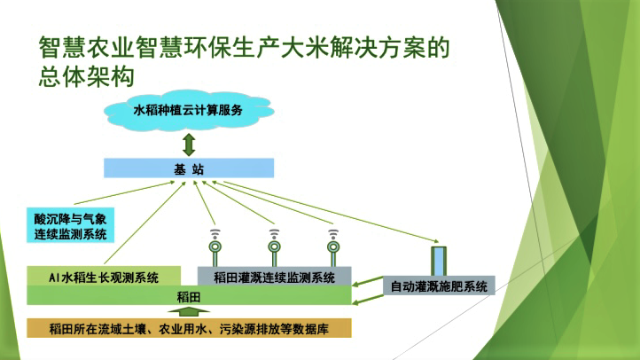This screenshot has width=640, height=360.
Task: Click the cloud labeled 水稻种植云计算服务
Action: (189, 110)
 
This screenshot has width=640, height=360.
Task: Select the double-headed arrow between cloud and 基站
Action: (189, 145)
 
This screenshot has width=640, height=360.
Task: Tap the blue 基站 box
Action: (189, 168)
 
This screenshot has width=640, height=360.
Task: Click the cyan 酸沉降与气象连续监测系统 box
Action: (70, 225)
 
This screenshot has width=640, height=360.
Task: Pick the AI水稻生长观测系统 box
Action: (104, 277)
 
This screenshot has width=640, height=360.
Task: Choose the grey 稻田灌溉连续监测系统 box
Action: (274, 277)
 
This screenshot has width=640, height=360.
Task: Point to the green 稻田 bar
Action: (189, 296)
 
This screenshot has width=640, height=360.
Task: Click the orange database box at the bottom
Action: (189, 329)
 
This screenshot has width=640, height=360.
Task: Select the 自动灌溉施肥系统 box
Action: (439, 286)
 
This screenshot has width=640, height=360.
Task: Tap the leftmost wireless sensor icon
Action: (215, 247)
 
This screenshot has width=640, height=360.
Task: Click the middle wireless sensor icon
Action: (274, 247)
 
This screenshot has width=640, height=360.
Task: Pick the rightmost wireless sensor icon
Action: (333, 247)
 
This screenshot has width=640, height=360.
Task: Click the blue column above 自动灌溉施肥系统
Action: (439, 262)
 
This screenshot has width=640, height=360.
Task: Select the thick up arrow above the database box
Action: (189, 312)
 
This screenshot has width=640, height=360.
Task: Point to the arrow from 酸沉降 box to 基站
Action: (124, 192)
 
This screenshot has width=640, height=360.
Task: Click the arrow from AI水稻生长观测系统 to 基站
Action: (144, 223)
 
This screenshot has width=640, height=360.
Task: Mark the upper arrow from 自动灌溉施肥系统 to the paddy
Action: (367, 281)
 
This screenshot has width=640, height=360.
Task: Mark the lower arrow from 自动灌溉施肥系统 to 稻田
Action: (367, 300)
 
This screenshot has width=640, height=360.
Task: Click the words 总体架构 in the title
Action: (87, 76)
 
